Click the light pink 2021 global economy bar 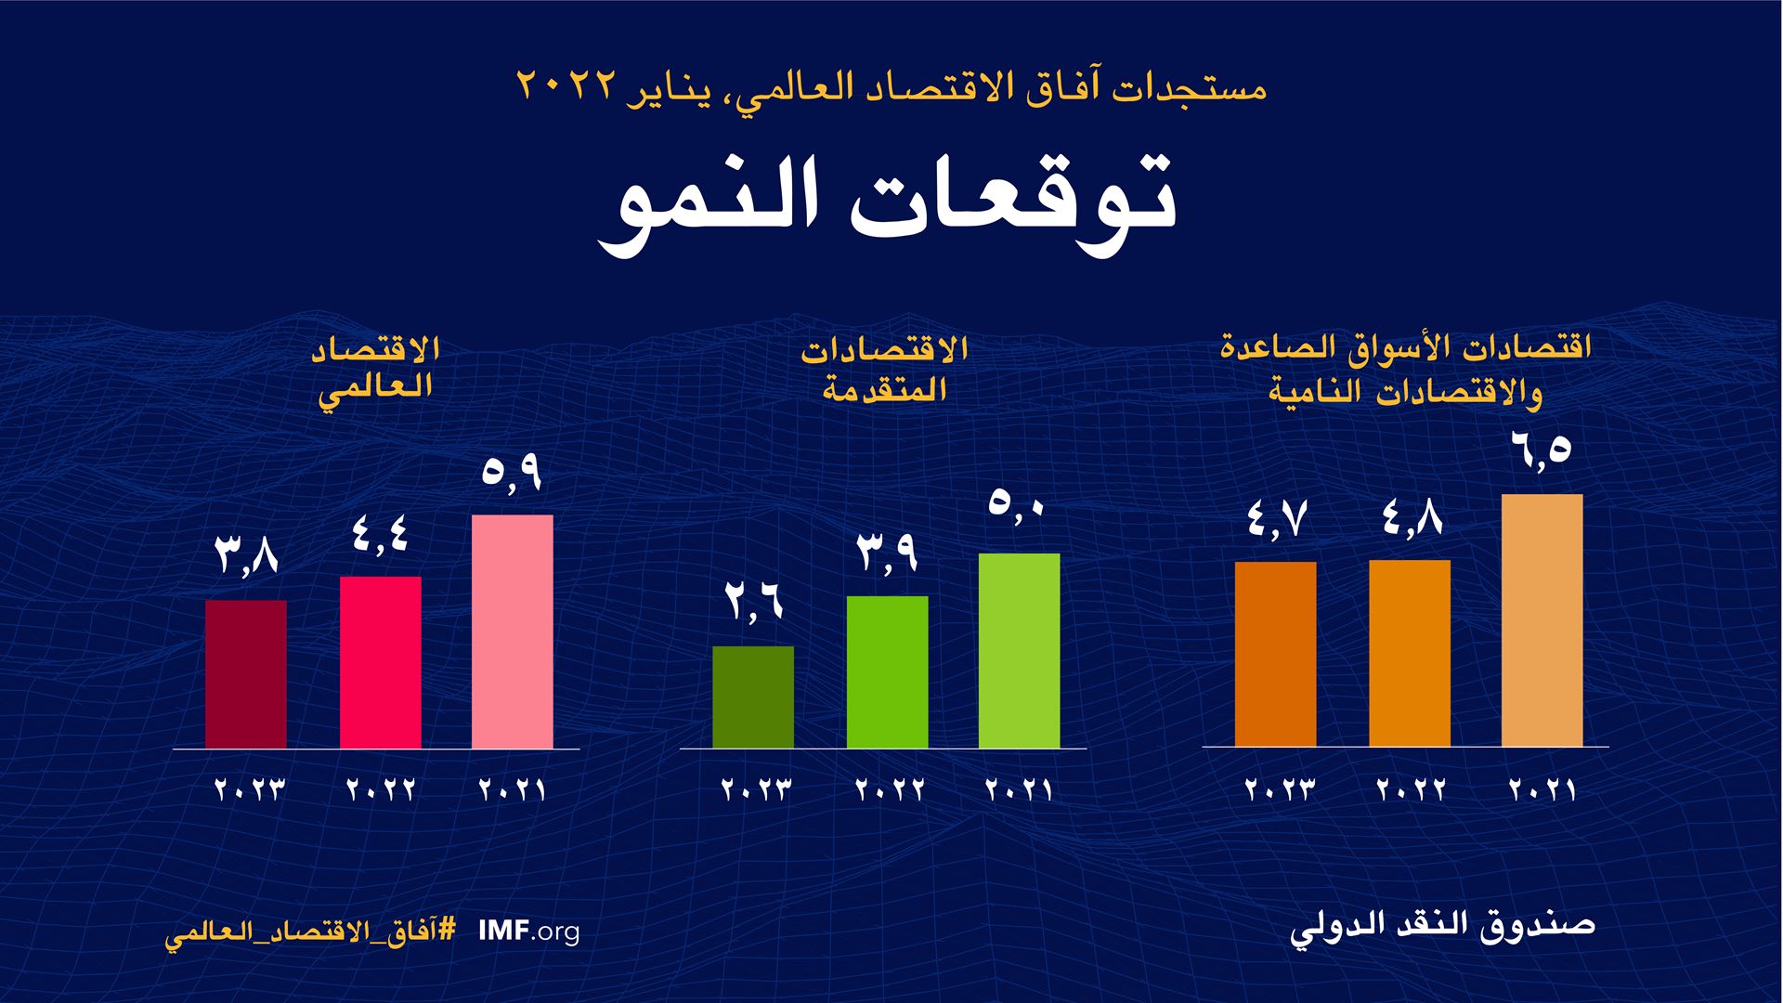(513, 632)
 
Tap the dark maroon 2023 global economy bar (246, 674)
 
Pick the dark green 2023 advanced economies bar (753, 697)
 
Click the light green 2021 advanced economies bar (1019, 650)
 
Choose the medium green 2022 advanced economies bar (887, 671)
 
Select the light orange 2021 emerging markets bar (1542, 620)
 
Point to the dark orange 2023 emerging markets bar (1275, 654)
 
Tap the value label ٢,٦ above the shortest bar (753, 602)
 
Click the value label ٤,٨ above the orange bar (1410, 518)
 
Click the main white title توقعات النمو (887, 206)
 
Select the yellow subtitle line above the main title (891, 88)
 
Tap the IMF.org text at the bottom (528, 931)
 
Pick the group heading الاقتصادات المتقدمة (885, 369)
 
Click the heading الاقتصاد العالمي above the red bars (376, 369)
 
